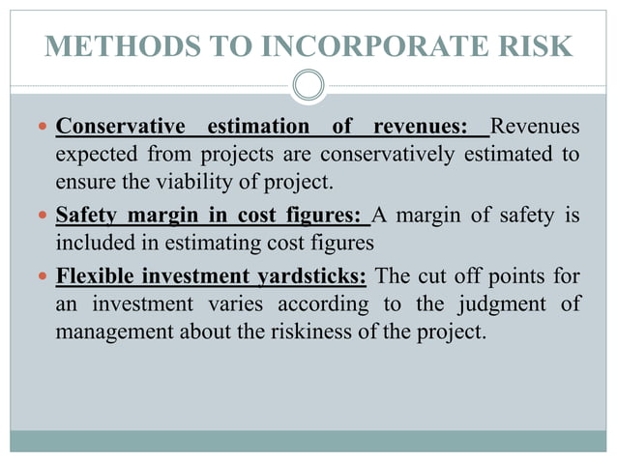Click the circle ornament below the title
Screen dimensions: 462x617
[x=308, y=85]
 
